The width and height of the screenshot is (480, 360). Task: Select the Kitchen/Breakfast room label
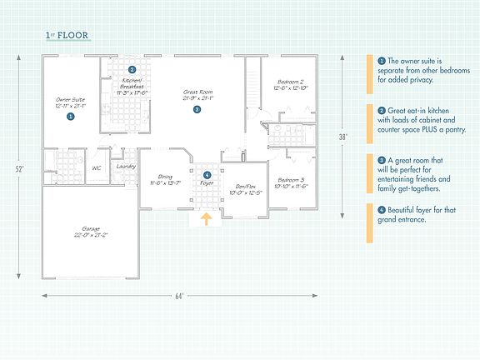click(132, 83)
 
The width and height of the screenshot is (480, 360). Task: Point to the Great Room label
click(197, 94)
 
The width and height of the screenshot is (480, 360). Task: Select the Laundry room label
click(126, 166)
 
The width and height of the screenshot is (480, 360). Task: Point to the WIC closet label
click(97, 167)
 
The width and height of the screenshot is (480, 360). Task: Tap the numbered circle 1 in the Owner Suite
click(70, 117)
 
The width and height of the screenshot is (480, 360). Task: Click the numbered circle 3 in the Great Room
click(197, 109)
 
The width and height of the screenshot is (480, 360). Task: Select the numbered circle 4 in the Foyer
click(207, 174)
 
